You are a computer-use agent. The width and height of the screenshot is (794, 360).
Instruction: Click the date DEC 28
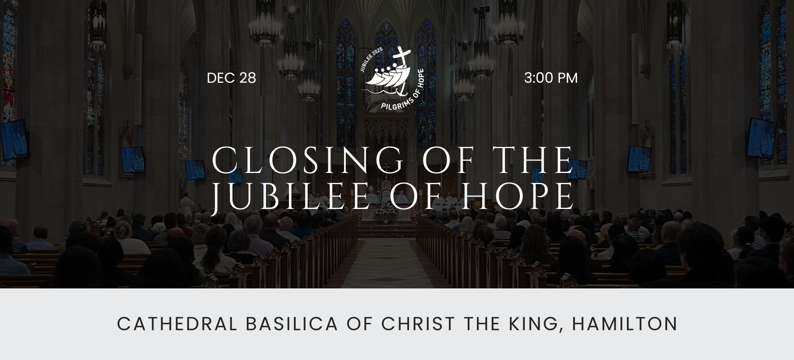(x=231, y=78)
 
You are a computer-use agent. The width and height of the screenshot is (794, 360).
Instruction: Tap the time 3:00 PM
(x=550, y=78)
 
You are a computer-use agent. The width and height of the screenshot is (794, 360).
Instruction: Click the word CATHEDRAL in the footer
(x=177, y=324)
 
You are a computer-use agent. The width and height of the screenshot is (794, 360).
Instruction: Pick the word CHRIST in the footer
(x=418, y=324)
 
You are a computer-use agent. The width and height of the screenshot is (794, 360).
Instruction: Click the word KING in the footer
(x=536, y=324)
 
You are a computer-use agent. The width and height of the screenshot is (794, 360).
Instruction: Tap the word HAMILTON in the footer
(x=624, y=324)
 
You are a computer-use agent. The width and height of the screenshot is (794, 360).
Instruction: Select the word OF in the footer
(x=359, y=324)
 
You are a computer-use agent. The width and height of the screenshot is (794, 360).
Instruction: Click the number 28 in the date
(x=247, y=78)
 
